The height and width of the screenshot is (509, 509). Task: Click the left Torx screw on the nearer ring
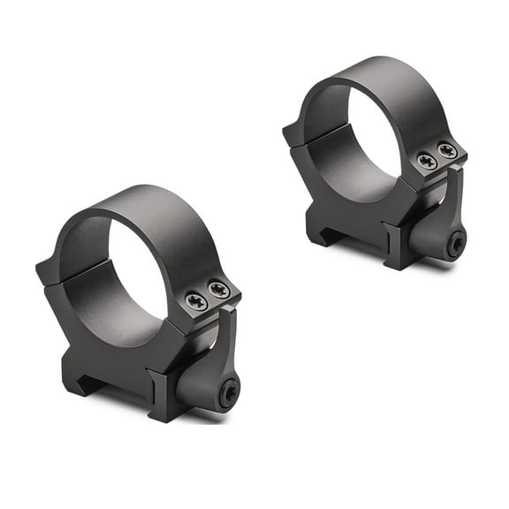click(x=197, y=300)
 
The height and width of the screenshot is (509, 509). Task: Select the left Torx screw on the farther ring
click(x=427, y=161)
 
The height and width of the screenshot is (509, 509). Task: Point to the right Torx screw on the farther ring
click(x=447, y=151)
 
